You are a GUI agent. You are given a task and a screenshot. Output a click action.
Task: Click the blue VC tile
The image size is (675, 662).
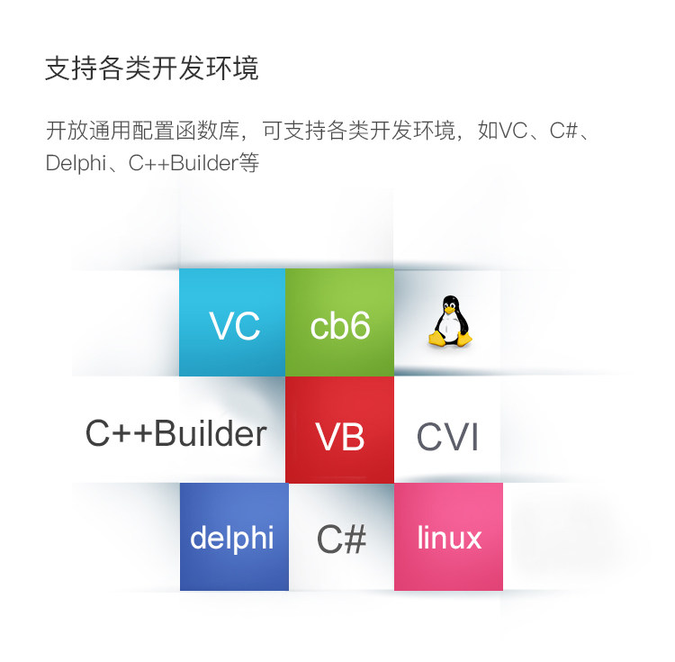pyautogui.click(x=233, y=322)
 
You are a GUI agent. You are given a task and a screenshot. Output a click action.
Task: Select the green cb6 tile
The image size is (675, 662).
pyautogui.click(x=339, y=322)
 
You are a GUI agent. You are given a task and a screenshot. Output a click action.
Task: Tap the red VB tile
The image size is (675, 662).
pyautogui.click(x=339, y=430)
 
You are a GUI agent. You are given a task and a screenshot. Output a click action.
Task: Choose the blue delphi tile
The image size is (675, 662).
pyautogui.click(x=233, y=537)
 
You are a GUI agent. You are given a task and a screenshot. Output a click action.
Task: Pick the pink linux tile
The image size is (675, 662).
pyautogui.click(x=448, y=537)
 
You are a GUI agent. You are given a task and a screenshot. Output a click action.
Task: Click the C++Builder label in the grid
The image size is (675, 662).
pyautogui.click(x=175, y=434)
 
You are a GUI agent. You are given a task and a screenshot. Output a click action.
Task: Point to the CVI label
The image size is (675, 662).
pyautogui.click(x=447, y=438)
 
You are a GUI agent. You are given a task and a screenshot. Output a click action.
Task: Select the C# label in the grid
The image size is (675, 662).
pyautogui.click(x=341, y=539)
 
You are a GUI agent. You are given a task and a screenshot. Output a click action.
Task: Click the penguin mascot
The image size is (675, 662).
pyautogui.click(x=447, y=322)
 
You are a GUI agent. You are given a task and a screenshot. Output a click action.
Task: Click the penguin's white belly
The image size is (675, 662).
pyautogui.click(x=447, y=329)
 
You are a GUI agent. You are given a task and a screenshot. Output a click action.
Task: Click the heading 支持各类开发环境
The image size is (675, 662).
pyautogui.click(x=152, y=68)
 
